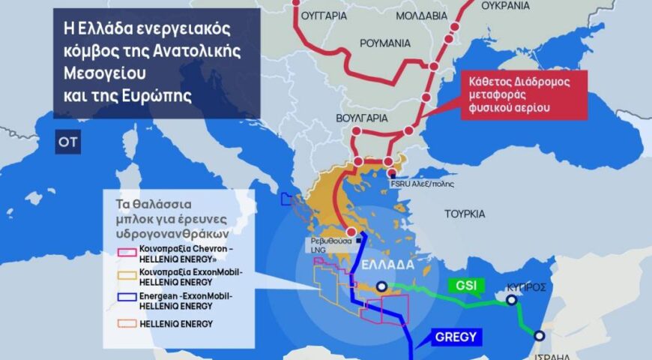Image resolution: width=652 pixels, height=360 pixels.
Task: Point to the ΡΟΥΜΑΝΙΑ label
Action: click(x=385, y=43)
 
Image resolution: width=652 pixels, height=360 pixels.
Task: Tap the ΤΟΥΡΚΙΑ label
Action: click(x=465, y=214)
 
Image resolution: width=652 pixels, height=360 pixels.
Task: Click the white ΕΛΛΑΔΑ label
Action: click(x=387, y=265)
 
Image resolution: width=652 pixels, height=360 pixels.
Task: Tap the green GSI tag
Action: click(x=464, y=286)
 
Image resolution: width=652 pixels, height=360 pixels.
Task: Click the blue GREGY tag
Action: click(x=455, y=337)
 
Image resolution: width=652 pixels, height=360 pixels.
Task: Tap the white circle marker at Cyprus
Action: click(x=511, y=300)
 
